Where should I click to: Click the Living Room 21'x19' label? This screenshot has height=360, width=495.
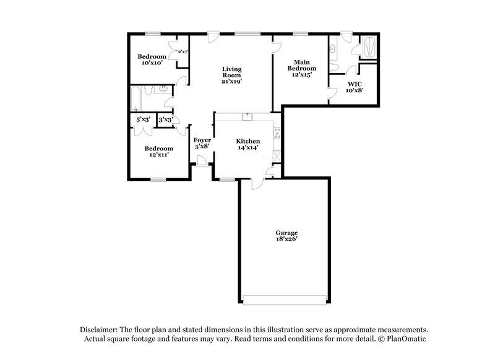[x=233, y=74]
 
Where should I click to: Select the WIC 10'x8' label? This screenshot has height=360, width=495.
[x=355, y=86]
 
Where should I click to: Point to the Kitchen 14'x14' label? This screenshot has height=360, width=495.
[x=247, y=145]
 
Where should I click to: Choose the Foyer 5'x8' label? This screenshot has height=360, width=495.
[x=202, y=144]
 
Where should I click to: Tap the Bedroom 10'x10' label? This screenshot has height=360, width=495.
[x=152, y=59]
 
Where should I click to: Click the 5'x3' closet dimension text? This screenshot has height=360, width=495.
[x=143, y=119]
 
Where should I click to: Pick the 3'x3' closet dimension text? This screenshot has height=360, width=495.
[x=165, y=119]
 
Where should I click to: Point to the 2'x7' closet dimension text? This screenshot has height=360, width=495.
[x=183, y=52]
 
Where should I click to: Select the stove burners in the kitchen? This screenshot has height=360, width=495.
[x=277, y=132]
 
